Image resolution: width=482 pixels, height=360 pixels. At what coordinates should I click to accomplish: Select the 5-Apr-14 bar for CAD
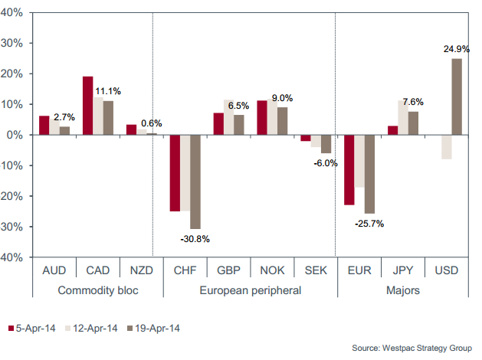click(x=87, y=106)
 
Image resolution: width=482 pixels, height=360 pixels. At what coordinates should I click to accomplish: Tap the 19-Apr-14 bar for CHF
click(x=195, y=182)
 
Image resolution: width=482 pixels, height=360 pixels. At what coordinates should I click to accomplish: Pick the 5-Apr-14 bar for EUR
click(x=349, y=170)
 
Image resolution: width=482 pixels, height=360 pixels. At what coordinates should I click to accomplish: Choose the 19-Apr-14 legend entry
click(x=154, y=328)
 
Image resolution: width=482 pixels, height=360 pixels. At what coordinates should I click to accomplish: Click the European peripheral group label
click(x=251, y=291)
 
